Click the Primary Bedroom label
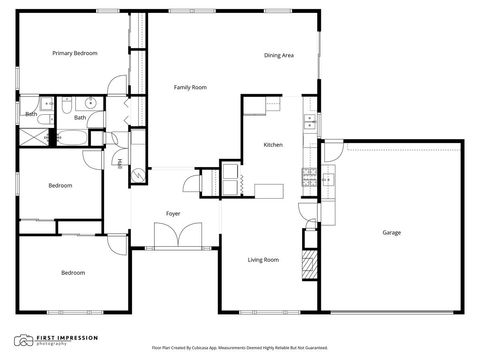[75, 53]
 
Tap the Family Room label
[190, 88]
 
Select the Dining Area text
[279, 55]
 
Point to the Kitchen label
[273, 145]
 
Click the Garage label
[391, 232]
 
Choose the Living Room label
[263, 260]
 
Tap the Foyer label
[173, 213]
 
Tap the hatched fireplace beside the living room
[309, 265]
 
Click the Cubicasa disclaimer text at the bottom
[240, 348]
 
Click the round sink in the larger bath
[90, 101]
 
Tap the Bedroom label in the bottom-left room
[72, 272]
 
